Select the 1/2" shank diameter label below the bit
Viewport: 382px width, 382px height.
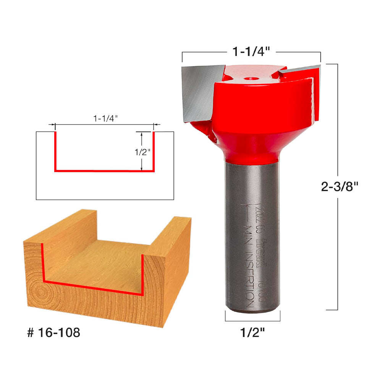[x=252, y=333]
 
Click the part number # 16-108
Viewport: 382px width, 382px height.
[x=54, y=332]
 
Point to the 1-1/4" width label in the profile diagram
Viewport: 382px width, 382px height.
[x=105, y=118]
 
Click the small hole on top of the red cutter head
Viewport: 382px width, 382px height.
[x=251, y=79]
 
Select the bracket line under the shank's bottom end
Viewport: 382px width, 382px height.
[x=253, y=320]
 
